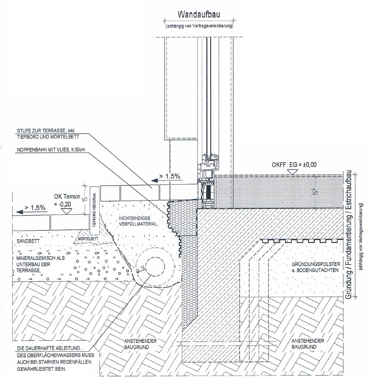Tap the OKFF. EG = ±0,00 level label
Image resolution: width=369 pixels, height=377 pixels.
pyautogui.click(x=294, y=165)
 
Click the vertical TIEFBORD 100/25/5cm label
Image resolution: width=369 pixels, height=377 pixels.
pyautogui.click(x=94, y=210)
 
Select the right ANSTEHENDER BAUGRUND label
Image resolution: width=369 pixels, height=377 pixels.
pyautogui.click(x=309, y=344)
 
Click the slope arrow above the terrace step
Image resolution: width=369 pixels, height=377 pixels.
pyautogui.click(x=156, y=179)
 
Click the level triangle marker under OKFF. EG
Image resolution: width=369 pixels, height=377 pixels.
pyautogui.click(x=294, y=176)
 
